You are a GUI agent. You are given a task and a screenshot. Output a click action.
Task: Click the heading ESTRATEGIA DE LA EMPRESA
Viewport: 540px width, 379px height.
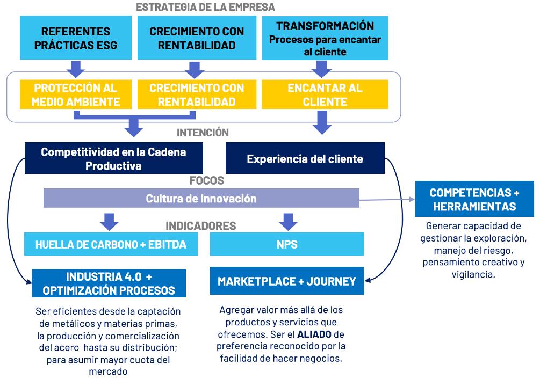(205, 7)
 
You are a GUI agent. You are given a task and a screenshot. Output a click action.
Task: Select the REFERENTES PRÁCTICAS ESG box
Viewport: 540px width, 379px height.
(75, 38)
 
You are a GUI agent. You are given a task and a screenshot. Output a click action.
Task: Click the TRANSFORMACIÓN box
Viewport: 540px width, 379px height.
(325, 38)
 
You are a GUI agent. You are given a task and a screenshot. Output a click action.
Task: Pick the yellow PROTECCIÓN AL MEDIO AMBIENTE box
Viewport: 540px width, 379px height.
(75, 94)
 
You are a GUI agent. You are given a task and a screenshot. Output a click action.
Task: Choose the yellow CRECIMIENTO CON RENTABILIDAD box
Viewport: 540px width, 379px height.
(197, 94)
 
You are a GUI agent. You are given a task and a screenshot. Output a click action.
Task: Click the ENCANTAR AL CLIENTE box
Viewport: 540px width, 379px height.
(325, 94)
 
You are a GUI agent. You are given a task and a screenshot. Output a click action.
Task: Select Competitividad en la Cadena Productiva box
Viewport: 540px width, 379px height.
(113, 158)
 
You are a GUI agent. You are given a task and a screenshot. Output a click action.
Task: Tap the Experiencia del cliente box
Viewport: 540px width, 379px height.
(305, 158)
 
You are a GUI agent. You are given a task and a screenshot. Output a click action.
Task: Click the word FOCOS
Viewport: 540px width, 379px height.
(206, 180)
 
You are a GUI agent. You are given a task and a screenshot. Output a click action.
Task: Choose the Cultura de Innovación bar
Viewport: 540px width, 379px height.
(201, 198)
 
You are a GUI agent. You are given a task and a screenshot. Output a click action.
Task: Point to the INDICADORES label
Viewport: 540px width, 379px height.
(200, 225)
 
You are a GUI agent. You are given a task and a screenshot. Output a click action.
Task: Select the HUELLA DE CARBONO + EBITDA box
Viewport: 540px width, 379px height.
(111, 245)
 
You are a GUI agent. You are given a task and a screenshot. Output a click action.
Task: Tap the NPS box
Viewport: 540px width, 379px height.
(287, 245)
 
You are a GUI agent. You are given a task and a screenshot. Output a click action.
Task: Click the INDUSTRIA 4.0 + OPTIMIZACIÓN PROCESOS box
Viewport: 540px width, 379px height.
(109, 283)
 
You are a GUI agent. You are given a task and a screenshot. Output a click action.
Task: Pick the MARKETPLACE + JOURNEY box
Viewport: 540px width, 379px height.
(286, 281)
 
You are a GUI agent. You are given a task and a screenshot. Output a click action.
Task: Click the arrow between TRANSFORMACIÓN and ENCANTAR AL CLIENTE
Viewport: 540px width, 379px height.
(322, 68)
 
